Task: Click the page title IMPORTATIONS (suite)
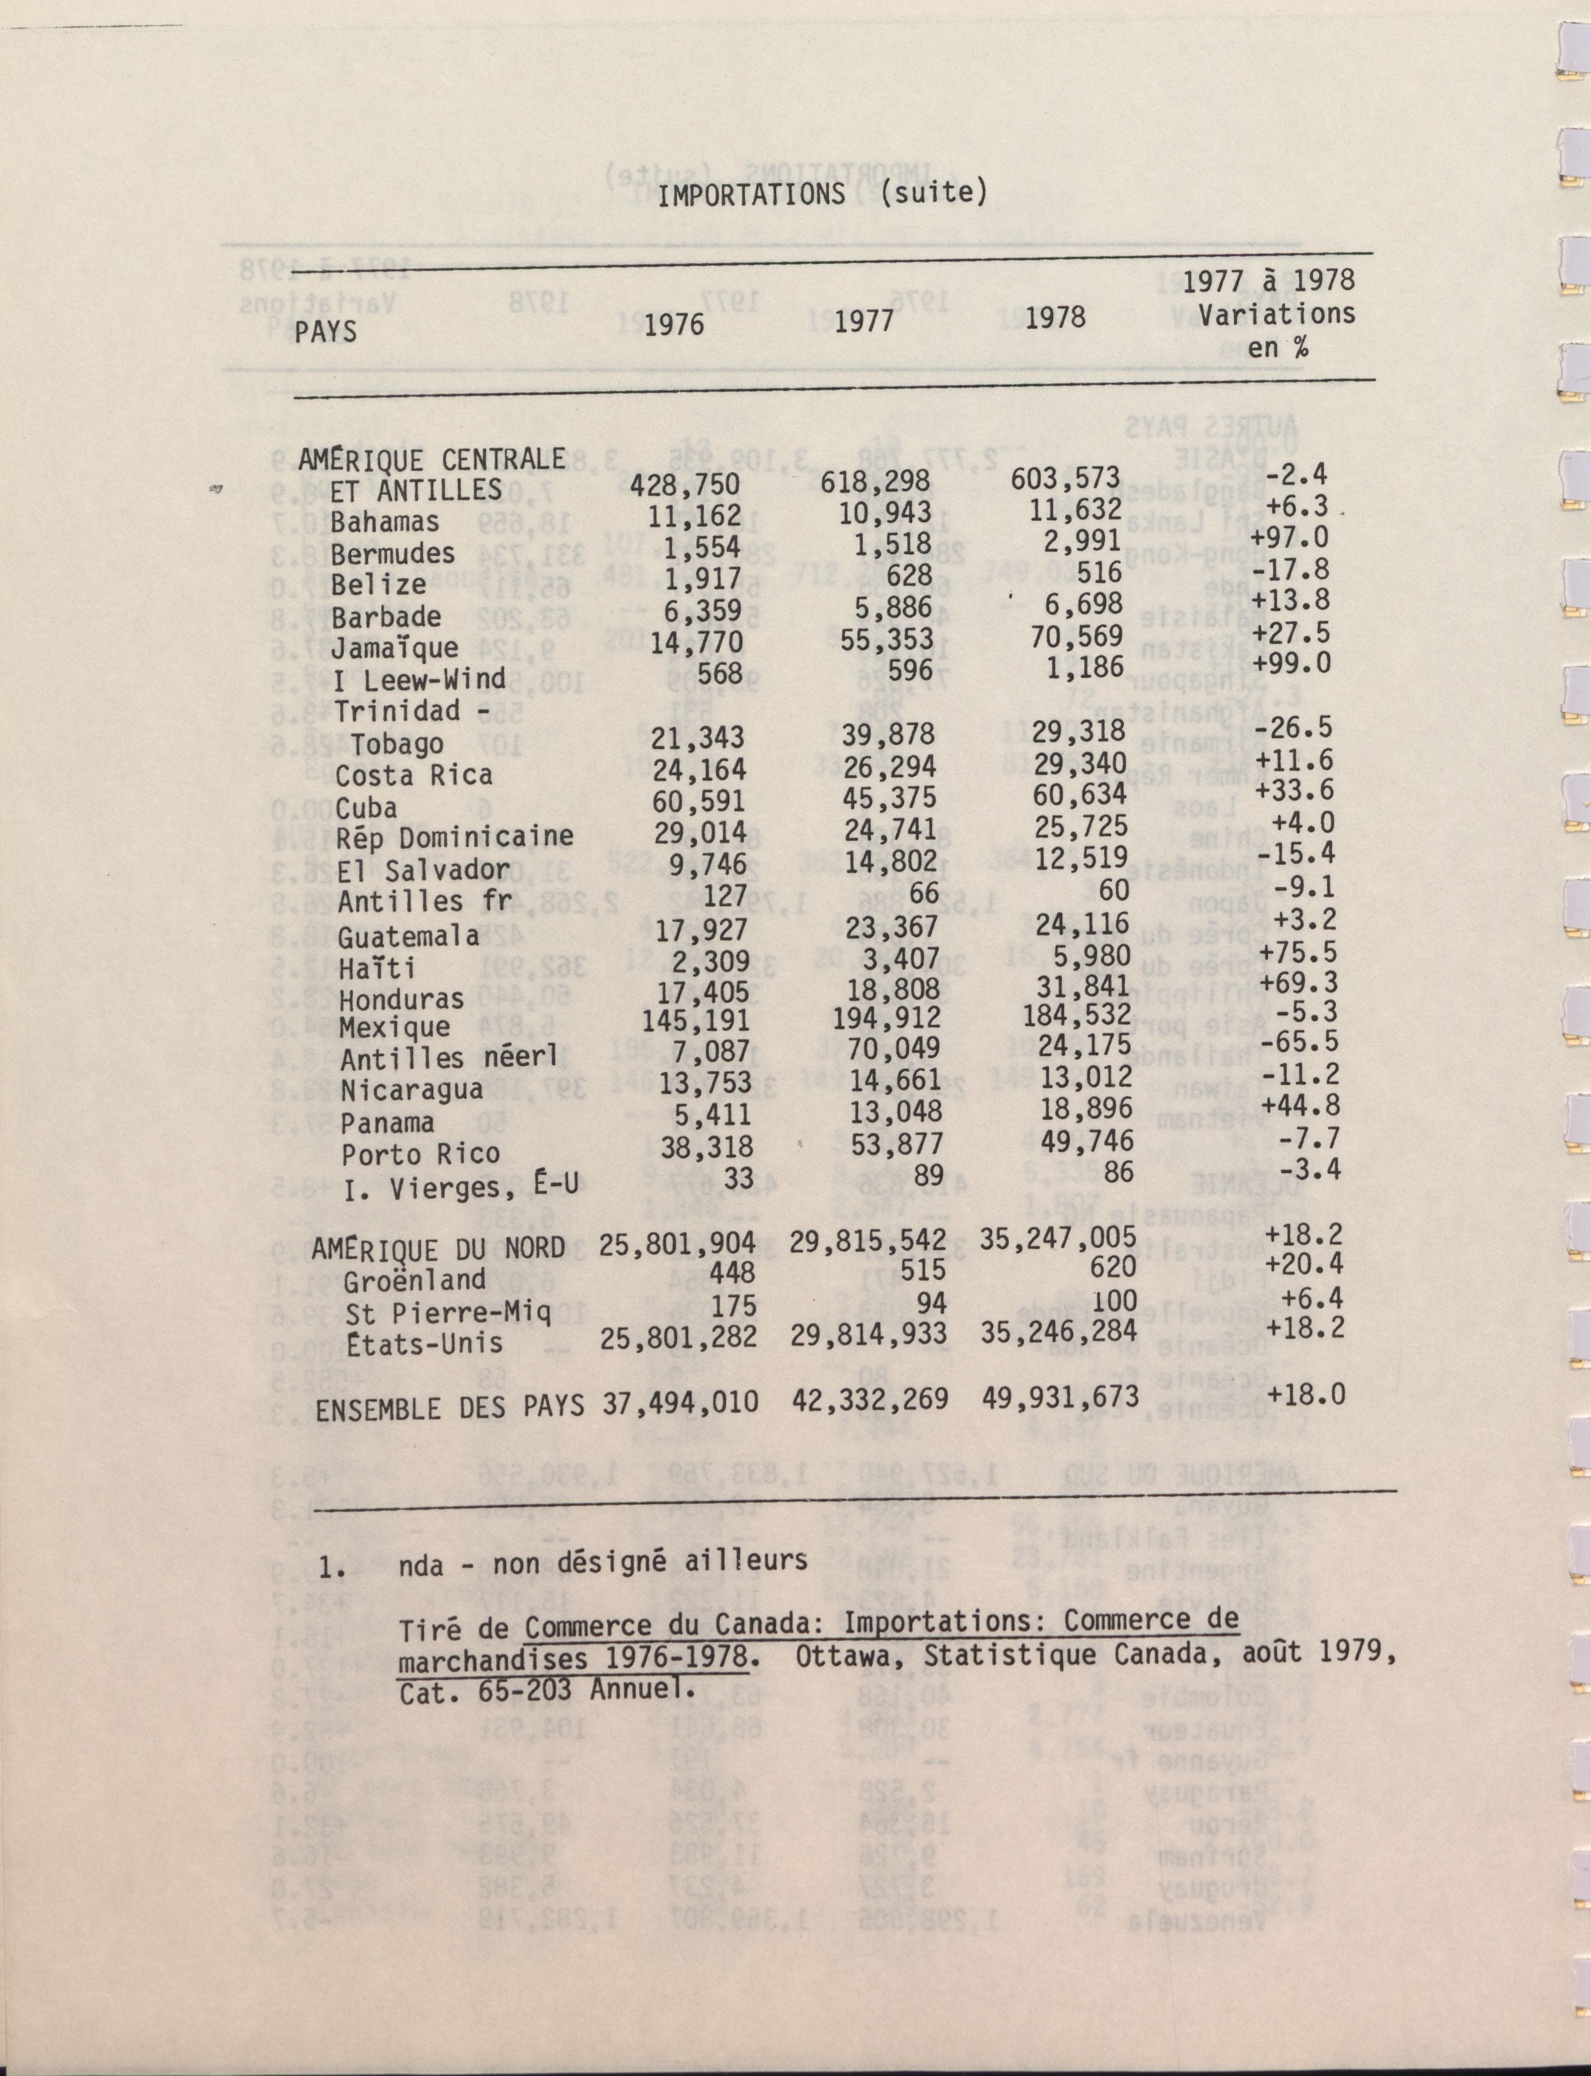coord(822,194)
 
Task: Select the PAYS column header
coord(326,331)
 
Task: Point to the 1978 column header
coord(1055,317)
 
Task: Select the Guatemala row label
coord(408,935)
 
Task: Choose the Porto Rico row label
coord(421,1154)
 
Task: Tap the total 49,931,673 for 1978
coord(1059,1398)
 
